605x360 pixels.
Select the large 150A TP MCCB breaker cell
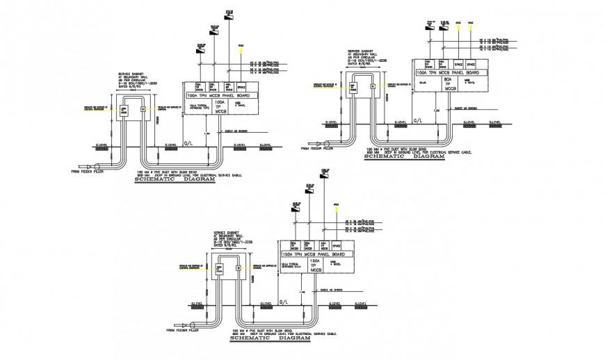(314, 265)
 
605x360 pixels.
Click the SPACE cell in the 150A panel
(337, 247)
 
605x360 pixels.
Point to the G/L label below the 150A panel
(282, 302)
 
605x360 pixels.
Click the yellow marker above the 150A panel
(337, 206)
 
